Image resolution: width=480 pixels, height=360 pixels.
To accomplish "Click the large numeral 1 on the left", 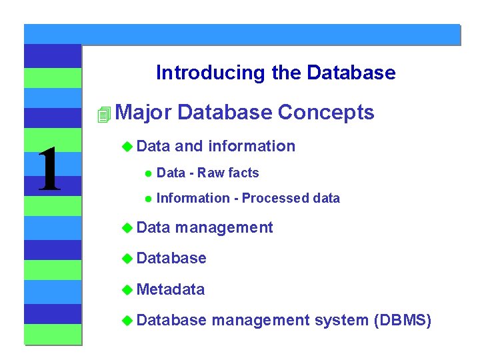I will pyautogui.click(x=49, y=170).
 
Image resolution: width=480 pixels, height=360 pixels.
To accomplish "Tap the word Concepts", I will pyautogui.click(x=326, y=113).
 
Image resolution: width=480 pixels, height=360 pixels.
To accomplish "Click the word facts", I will pyautogui.click(x=243, y=173).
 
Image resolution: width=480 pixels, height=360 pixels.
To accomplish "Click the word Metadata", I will pyautogui.click(x=172, y=289).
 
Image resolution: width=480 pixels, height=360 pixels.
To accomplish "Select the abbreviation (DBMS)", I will pyautogui.click(x=403, y=321).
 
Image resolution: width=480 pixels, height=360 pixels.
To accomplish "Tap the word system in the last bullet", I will pyautogui.click(x=341, y=321).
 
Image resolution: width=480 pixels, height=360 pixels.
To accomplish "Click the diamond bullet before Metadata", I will pyautogui.click(x=127, y=290).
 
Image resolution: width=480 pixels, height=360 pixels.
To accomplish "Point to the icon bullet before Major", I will pyautogui.click(x=102, y=115).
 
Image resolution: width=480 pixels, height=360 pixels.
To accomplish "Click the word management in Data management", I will pyautogui.click(x=225, y=228).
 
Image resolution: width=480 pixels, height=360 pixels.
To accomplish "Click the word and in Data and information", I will pyautogui.click(x=189, y=147).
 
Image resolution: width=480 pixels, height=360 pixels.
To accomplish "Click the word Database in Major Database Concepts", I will pyautogui.click(x=225, y=113).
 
